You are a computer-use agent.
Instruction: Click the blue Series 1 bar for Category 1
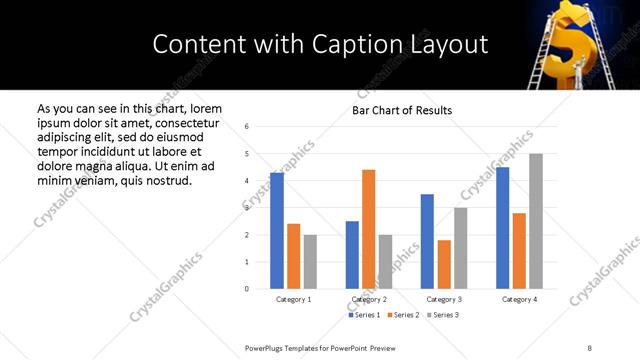[x=277, y=231]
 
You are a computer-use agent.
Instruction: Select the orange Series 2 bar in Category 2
[x=368, y=229]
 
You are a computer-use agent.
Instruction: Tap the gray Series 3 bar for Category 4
[x=536, y=221]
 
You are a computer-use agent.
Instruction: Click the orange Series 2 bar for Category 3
[x=444, y=264]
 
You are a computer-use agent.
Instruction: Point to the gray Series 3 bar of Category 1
[x=310, y=262]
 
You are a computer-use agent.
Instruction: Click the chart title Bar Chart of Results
[x=402, y=110]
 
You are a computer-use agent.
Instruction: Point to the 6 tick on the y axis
[x=247, y=127]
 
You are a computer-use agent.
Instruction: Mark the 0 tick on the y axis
[x=247, y=289]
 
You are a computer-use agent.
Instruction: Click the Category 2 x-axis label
[x=369, y=299]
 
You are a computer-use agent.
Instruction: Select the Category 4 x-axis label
[x=519, y=299]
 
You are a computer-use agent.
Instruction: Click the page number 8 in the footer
[x=589, y=347]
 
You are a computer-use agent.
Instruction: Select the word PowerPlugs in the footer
[x=267, y=347]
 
